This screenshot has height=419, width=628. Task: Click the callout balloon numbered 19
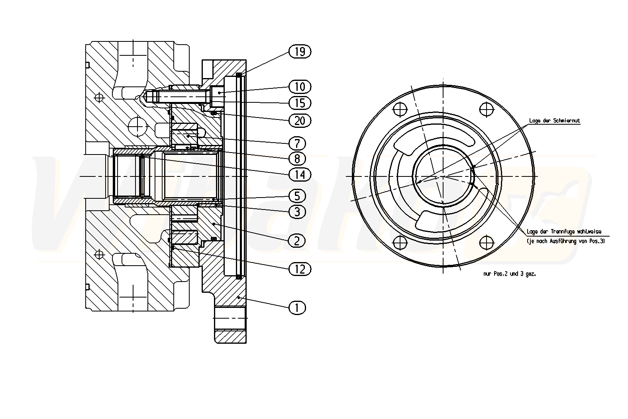click(x=300, y=51)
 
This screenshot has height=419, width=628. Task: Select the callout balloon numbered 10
click(x=300, y=86)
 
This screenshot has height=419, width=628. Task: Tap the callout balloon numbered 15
click(x=300, y=103)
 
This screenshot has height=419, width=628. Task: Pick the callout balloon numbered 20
click(x=300, y=120)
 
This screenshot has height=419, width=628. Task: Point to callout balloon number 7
click(x=297, y=143)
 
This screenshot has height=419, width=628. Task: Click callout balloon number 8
click(x=297, y=159)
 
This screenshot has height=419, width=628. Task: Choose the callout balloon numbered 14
click(x=300, y=174)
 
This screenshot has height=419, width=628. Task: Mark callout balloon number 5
click(x=297, y=196)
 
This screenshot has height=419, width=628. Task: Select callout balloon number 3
click(x=297, y=211)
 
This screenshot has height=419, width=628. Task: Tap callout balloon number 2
click(x=297, y=240)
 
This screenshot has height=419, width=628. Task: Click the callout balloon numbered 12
click(x=300, y=269)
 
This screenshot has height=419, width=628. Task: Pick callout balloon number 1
click(x=297, y=307)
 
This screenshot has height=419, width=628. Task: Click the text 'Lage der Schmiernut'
click(x=554, y=121)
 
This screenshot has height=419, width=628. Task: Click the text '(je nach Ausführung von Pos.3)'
click(x=565, y=241)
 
